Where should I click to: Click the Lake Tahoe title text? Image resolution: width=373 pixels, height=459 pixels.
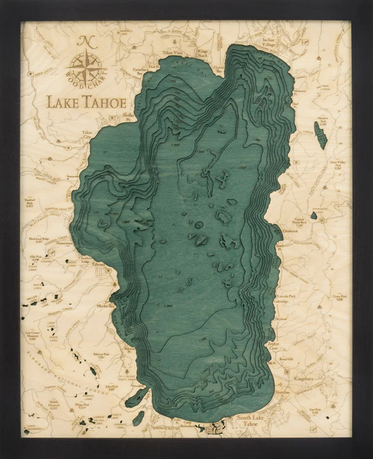[x=86, y=101]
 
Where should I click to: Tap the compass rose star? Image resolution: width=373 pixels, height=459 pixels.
[x=86, y=68]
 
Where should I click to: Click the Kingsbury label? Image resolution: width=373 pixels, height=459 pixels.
[x=306, y=379]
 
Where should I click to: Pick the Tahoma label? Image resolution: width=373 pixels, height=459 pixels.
[x=99, y=264]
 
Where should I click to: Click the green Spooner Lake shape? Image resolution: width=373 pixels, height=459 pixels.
[x=313, y=216]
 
